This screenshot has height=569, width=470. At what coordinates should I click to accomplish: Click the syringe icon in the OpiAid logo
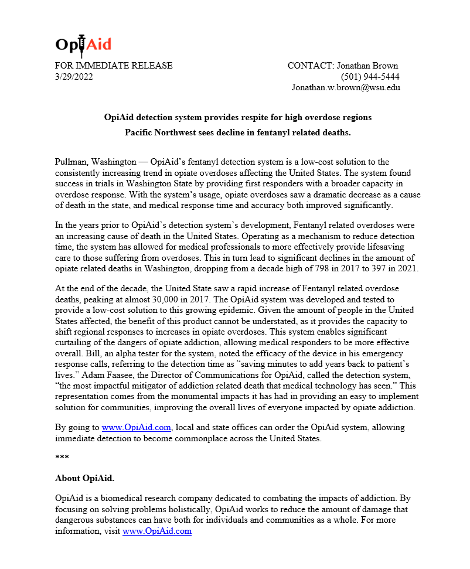[81, 45]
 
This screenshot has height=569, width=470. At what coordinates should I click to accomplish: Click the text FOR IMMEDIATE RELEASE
[114, 66]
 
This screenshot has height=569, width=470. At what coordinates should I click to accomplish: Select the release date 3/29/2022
[74, 76]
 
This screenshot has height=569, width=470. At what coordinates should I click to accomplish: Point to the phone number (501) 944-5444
[370, 76]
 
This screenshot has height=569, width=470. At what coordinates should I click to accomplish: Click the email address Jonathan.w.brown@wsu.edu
[346, 87]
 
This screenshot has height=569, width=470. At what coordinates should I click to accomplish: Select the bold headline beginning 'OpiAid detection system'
[237, 117]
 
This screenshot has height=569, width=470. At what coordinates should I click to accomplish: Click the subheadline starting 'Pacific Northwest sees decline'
[237, 132]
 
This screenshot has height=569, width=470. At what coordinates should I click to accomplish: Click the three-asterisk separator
[62, 456]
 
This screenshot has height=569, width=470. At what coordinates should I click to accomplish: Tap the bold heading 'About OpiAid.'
[84, 478]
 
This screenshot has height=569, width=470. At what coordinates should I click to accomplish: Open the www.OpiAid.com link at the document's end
[157, 531]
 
